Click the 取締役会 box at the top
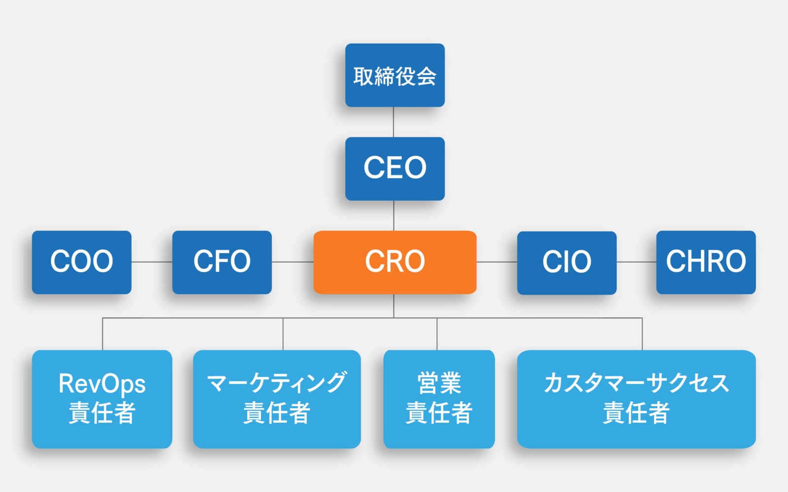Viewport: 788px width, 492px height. [x=394, y=75]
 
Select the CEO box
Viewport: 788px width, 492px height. [x=394, y=168]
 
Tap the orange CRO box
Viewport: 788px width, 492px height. [x=394, y=262]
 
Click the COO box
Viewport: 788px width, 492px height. [x=82, y=262]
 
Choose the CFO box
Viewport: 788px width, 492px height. [x=222, y=262]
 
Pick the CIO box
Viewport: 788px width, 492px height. [x=566, y=262]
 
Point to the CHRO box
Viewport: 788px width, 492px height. [x=706, y=262]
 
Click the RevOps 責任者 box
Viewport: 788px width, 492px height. [x=102, y=399]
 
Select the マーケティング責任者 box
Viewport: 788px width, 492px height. [x=276, y=399]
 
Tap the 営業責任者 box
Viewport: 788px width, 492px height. [x=439, y=399]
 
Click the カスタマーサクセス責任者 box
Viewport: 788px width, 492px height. [x=636, y=399]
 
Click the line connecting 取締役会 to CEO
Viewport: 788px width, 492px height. [x=394, y=122]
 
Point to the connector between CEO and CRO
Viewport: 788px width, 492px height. [x=394, y=215]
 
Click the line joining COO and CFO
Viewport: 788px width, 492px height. [x=152, y=262]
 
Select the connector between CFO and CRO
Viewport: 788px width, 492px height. [x=293, y=262]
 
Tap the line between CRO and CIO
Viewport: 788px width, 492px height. [x=496, y=262]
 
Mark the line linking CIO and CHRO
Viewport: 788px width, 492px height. [x=636, y=262]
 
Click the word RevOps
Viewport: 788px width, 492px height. [x=102, y=384]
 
